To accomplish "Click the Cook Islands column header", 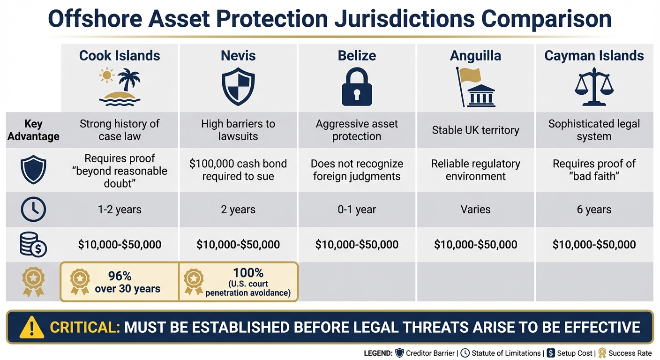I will point(120,56).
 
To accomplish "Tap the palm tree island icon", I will point(120,85).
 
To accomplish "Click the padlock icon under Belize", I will point(357,88).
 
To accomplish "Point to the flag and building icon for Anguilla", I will point(474,87).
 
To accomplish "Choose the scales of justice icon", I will point(594,87).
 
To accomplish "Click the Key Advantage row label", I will point(33,130).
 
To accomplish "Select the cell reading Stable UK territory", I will point(475,130).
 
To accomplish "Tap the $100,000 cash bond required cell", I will point(238,170).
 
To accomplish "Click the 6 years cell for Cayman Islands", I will point(594,210).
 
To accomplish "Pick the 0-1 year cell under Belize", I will point(357,210).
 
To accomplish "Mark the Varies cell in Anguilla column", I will point(475,210).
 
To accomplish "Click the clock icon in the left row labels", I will point(33,210).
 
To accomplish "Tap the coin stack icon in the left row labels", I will point(33,245).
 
